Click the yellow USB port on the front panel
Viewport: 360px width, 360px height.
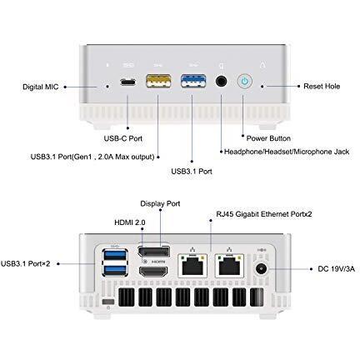(x=158, y=81)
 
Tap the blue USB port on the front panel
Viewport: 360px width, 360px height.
(x=193, y=81)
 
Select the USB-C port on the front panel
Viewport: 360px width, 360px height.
(x=128, y=82)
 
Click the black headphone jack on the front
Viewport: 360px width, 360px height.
(x=222, y=82)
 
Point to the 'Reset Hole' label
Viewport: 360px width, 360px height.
(x=322, y=87)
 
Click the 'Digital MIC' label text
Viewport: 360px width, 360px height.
(x=41, y=87)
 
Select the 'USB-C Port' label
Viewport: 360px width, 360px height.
(x=123, y=138)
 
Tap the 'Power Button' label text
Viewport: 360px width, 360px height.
(x=268, y=138)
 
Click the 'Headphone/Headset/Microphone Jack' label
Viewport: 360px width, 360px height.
(x=287, y=152)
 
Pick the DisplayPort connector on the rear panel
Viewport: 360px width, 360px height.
(x=153, y=252)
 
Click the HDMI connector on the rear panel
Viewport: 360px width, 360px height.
(x=153, y=272)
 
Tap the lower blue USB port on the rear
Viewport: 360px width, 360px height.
(x=115, y=270)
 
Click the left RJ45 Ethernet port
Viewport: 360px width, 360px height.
(x=192, y=266)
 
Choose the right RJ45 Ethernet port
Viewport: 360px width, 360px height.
(x=229, y=266)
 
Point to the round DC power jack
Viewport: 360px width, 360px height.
(x=261, y=269)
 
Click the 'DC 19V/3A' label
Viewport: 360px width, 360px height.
(x=337, y=269)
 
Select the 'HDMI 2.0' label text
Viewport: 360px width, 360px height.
(x=130, y=222)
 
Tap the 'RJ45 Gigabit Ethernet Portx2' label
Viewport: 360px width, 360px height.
(x=264, y=214)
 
